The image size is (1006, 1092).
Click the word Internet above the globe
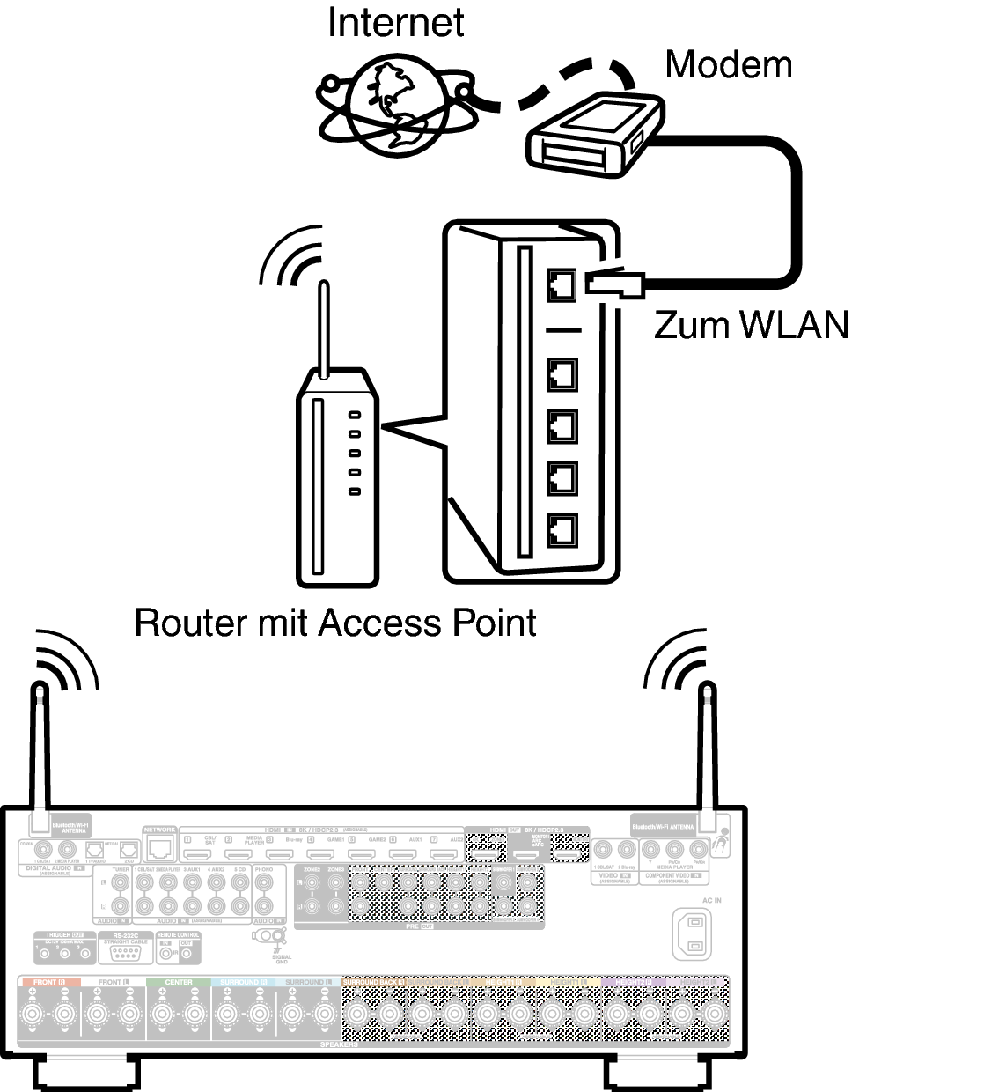[x=395, y=23]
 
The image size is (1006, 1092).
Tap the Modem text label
[x=728, y=64]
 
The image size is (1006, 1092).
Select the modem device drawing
[x=598, y=136]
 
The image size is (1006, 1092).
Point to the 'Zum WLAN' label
[x=751, y=325]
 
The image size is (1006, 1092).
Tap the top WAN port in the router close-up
[x=562, y=284]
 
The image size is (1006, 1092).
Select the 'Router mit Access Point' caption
[x=335, y=623]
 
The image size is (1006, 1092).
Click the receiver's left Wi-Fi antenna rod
[x=40, y=749]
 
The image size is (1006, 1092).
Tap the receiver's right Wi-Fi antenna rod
[x=707, y=749]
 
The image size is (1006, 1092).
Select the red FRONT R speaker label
[x=49, y=981]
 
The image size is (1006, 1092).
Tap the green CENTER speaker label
[x=179, y=981]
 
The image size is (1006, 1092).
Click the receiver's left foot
[x=86, y=1074]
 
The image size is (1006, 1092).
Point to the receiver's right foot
[x=657, y=1074]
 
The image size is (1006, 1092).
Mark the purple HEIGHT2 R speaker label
[x=634, y=981]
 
